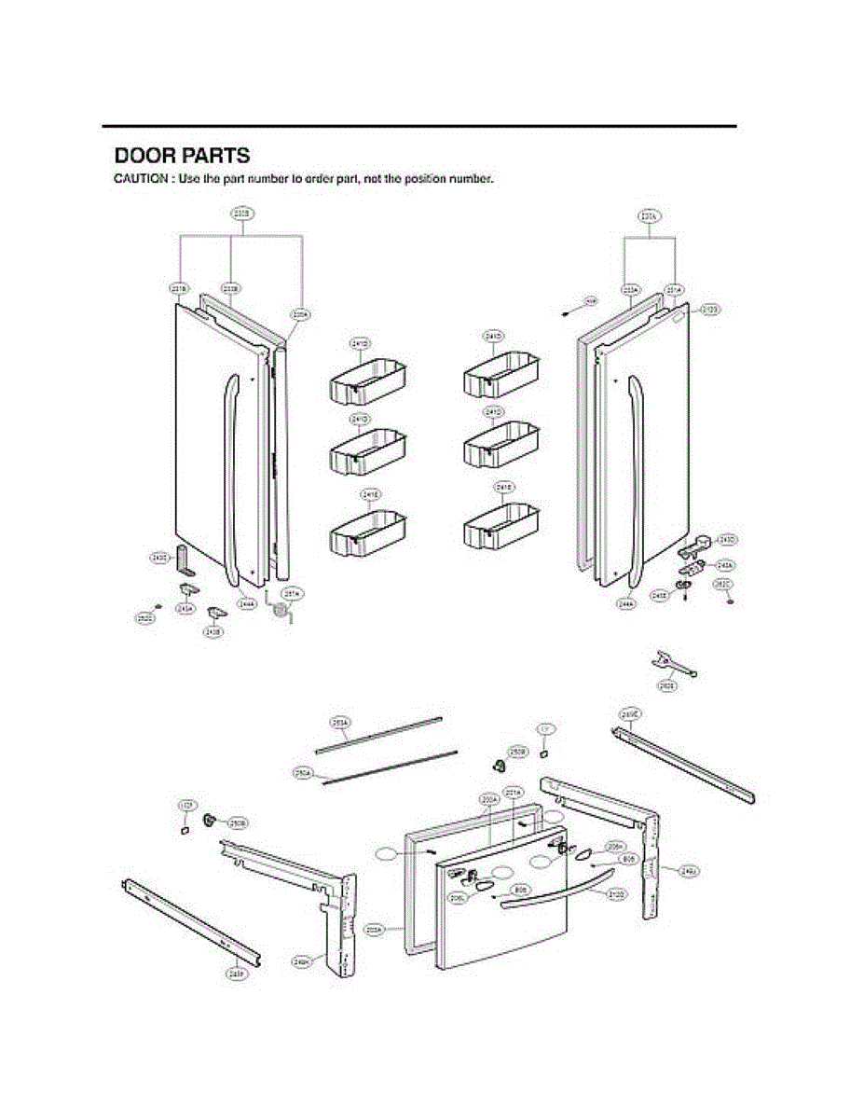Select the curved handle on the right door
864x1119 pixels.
click(x=636, y=476)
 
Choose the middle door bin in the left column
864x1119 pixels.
click(x=367, y=454)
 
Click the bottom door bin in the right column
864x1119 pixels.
click(x=501, y=526)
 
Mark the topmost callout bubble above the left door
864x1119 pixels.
click(x=240, y=214)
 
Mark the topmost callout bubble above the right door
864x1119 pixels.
click(x=650, y=216)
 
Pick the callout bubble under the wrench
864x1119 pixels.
click(x=667, y=685)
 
